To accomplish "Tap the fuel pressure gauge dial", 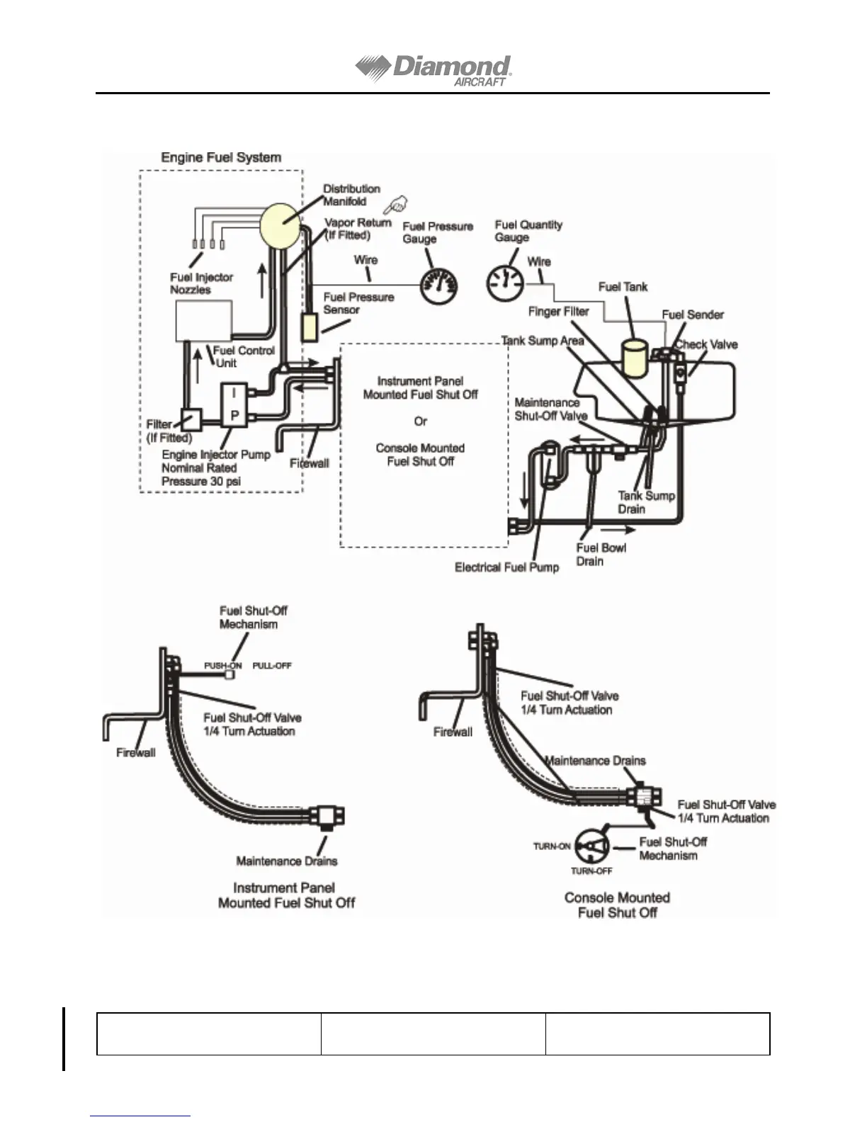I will [x=439, y=287].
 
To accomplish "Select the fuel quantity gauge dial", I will [x=504, y=283].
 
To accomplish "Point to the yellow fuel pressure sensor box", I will [x=310, y=328].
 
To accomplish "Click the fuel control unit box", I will [x=204, y=320].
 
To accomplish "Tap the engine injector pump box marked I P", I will [x=234, y=404].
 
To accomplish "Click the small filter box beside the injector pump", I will [x=191, y=420].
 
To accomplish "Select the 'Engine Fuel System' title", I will [x=221, y=157].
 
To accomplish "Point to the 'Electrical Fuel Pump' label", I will [x=506, y=567].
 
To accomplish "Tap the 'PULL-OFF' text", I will [x=272, y=666].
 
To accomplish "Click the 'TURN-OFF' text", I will [x=591, y=871].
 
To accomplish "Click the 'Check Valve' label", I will [x=706, y=345].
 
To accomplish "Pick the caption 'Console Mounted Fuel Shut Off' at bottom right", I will [x=617, y=905].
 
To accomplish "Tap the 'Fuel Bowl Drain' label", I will [x=601, y=555].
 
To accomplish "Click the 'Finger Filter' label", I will [x=558, y=312].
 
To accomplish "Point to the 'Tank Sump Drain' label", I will [x=646, y=502].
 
